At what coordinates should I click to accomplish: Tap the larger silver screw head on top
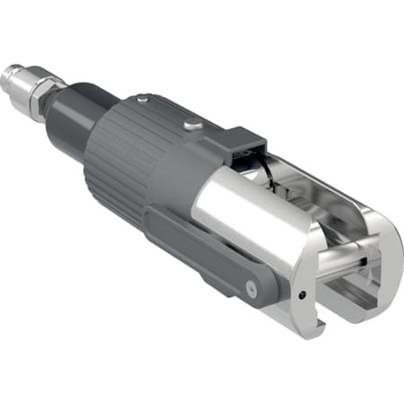click(x=191, y=124)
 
